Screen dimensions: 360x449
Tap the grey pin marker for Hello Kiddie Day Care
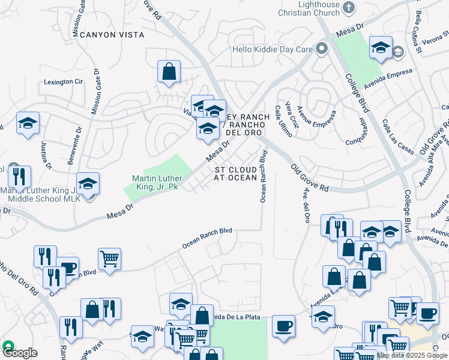coord(322,48)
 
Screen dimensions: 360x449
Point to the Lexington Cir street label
coord(64,82)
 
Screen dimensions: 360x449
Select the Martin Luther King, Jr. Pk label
coord(155,182)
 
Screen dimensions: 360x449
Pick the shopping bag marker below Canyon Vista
coord(169,71)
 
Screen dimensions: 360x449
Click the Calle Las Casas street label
coord(396,136)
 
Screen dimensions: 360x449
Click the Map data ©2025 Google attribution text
coord(412,355)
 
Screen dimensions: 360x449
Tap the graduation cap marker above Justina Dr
coord(28,123)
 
